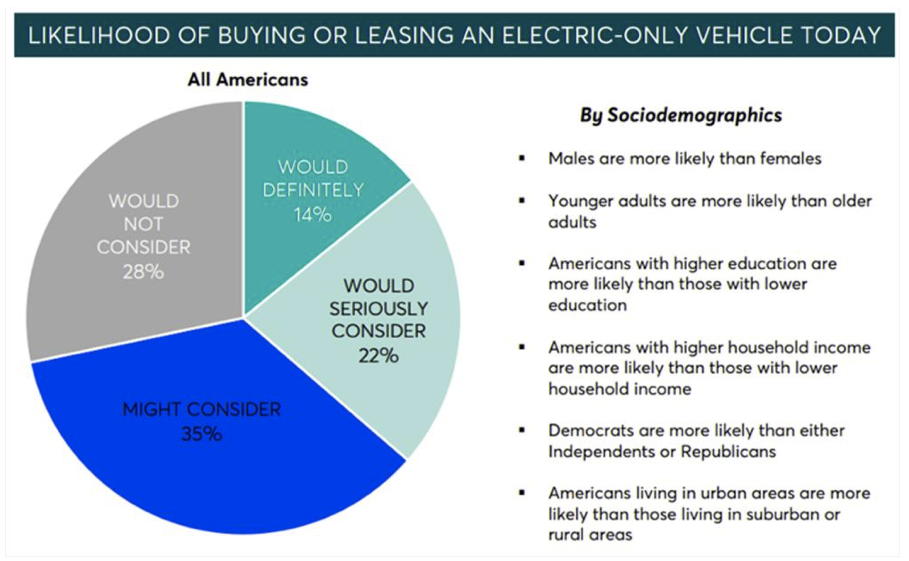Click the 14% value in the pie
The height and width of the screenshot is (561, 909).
tap(312, 215)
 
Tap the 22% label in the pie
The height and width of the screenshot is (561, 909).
tap(378, 356)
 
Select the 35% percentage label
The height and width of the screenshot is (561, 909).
tap(202, 434)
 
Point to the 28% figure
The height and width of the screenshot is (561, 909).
tap(143, 272)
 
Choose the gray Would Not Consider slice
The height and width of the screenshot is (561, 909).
tap(99, 308)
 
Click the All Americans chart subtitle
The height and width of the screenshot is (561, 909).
tap(247, 80)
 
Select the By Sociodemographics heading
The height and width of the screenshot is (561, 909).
tap(681, 115)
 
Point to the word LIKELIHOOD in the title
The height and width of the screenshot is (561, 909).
tap(99, 35)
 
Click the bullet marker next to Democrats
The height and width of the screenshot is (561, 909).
tap(522, 430)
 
